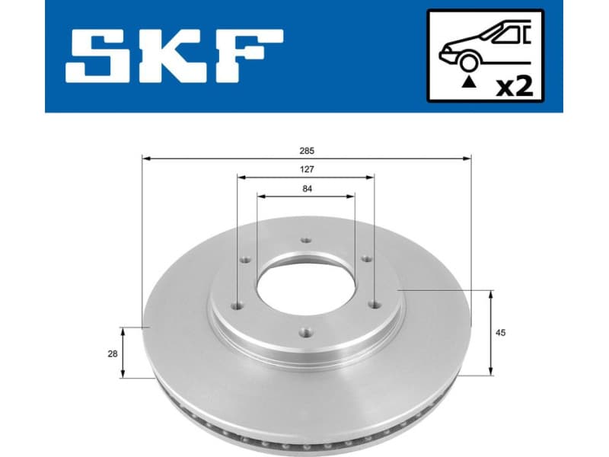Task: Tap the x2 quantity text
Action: click(x=515, y=86)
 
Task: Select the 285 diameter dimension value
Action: click(x=307, y=151)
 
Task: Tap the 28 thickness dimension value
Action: click(x=112, y=353)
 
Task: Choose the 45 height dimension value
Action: click(x=500, y=333)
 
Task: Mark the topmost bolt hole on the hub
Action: click(x=306, y=241)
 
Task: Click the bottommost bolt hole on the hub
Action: click(x=306, y=331)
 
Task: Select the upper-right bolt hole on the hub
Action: click(x=365, y=259)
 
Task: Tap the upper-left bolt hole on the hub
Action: click(x=246, y=260)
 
